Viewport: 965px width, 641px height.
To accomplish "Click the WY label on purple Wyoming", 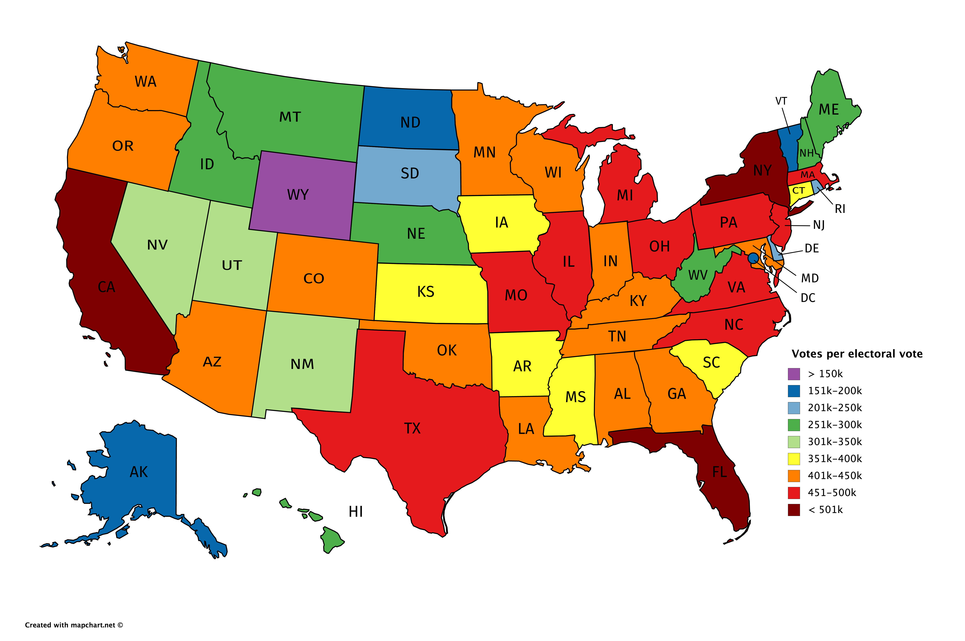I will click(x=298, y=195).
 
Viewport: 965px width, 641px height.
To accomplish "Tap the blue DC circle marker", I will click(x=753, y=258).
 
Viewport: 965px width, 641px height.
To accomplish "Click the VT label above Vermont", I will click(x=781, y=101).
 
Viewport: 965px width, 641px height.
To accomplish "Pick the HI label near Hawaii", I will click(x=356, y=511).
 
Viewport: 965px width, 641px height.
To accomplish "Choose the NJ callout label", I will click(x=819, y=225).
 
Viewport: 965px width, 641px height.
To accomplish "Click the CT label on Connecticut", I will click(x=798, y=191).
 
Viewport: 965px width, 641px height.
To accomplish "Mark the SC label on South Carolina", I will click(x=711, y=363).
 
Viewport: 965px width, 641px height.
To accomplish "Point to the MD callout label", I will click(x=810, y=278).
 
